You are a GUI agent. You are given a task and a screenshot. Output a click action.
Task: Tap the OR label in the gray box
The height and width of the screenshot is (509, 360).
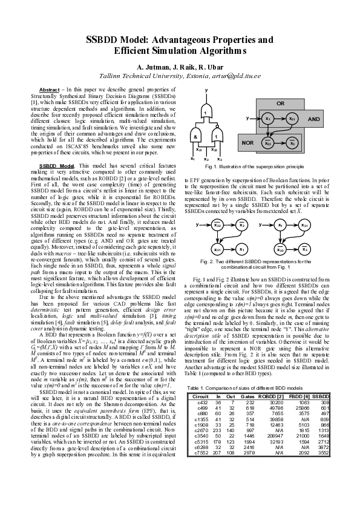pos(280,103)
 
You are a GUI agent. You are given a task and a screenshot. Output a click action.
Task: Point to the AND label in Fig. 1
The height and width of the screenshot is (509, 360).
pos(313,119)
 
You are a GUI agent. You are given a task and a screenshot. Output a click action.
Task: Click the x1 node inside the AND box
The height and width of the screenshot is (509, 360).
pos(267,119)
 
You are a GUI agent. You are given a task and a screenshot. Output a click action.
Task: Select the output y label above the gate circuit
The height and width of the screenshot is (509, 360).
pos(206,90)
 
